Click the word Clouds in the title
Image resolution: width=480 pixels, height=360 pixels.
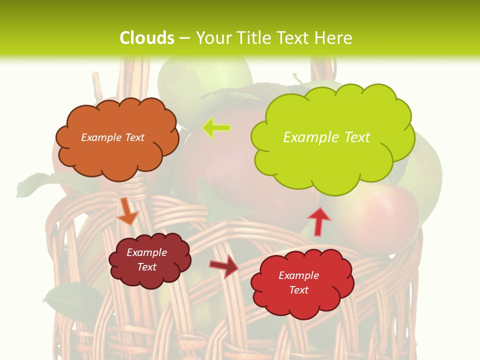147,38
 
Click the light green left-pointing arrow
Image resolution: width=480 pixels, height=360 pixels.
216,128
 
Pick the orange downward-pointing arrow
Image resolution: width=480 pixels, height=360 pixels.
127,212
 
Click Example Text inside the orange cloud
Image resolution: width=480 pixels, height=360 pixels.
112,137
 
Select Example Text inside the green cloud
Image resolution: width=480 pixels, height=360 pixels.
326,137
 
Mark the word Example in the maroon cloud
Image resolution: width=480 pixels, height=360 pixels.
146,252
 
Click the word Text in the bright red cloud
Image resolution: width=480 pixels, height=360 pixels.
298,290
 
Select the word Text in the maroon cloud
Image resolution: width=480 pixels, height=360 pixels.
146,267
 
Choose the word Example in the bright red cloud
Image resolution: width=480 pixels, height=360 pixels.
298,275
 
